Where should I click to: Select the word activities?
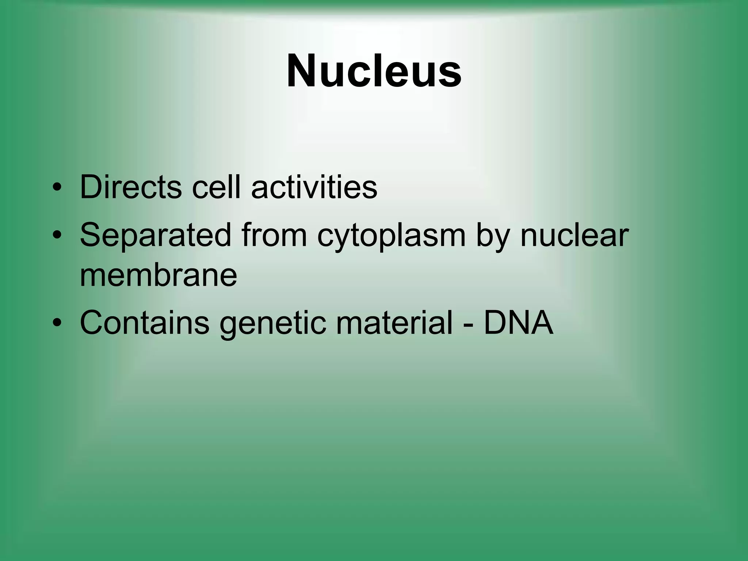click(x=314, y=187)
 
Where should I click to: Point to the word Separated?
click(x=155, y=235)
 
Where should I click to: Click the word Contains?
click(x=144, y=323)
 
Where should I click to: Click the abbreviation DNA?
click(x=518, y=323)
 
